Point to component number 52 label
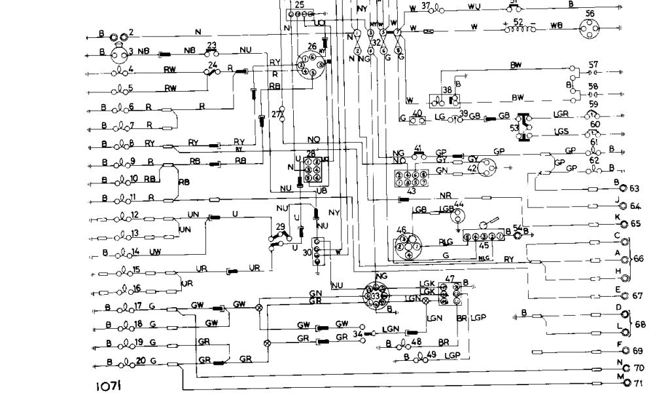(518, 22)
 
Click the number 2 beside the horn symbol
(130, 32)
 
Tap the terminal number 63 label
(634, 189)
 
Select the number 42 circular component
(487, 168)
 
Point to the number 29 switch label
(280, 227)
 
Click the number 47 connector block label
(450, 280)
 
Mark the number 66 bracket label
(639, 259)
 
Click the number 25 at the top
(299, 5)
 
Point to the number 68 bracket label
(640, 324)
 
